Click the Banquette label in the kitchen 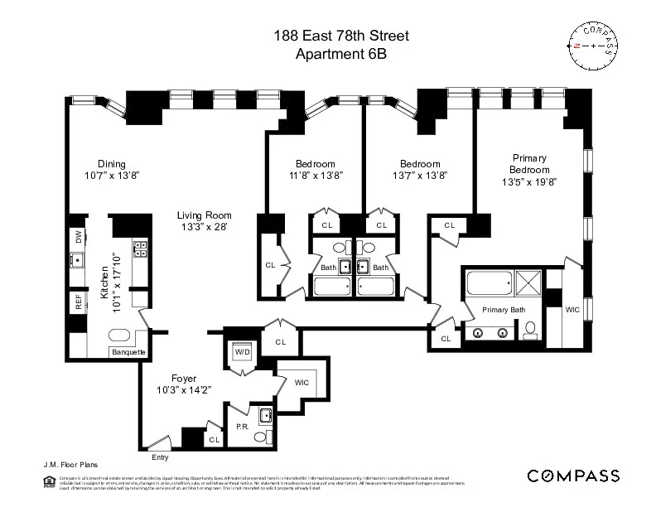pyautogui.click(x=128, y=352)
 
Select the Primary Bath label pyautogui.click(x=504, y=309)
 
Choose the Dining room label pyautogui.click(x=112, y=163)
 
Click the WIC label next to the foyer pyautogui.click(x=301, y=383)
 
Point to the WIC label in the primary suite pyautogui.click(x=572, y=310)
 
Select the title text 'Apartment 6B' pyautogui.click(x=341, y=54)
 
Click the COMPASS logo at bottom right pyautogui.click(x=573, y=476)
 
